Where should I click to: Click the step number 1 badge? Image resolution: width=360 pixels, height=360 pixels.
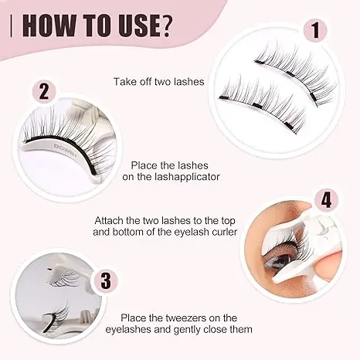[314, 32]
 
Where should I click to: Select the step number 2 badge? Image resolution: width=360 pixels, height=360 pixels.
[45, 92]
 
